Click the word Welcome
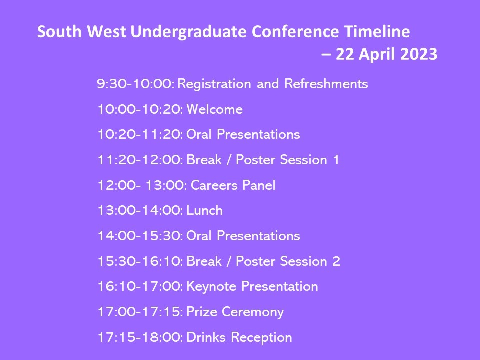(214, 109)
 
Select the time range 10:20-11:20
(140, 135)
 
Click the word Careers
(214, 186)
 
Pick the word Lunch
(204, 211)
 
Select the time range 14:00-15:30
(140, 236)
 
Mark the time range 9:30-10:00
(136, 84)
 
